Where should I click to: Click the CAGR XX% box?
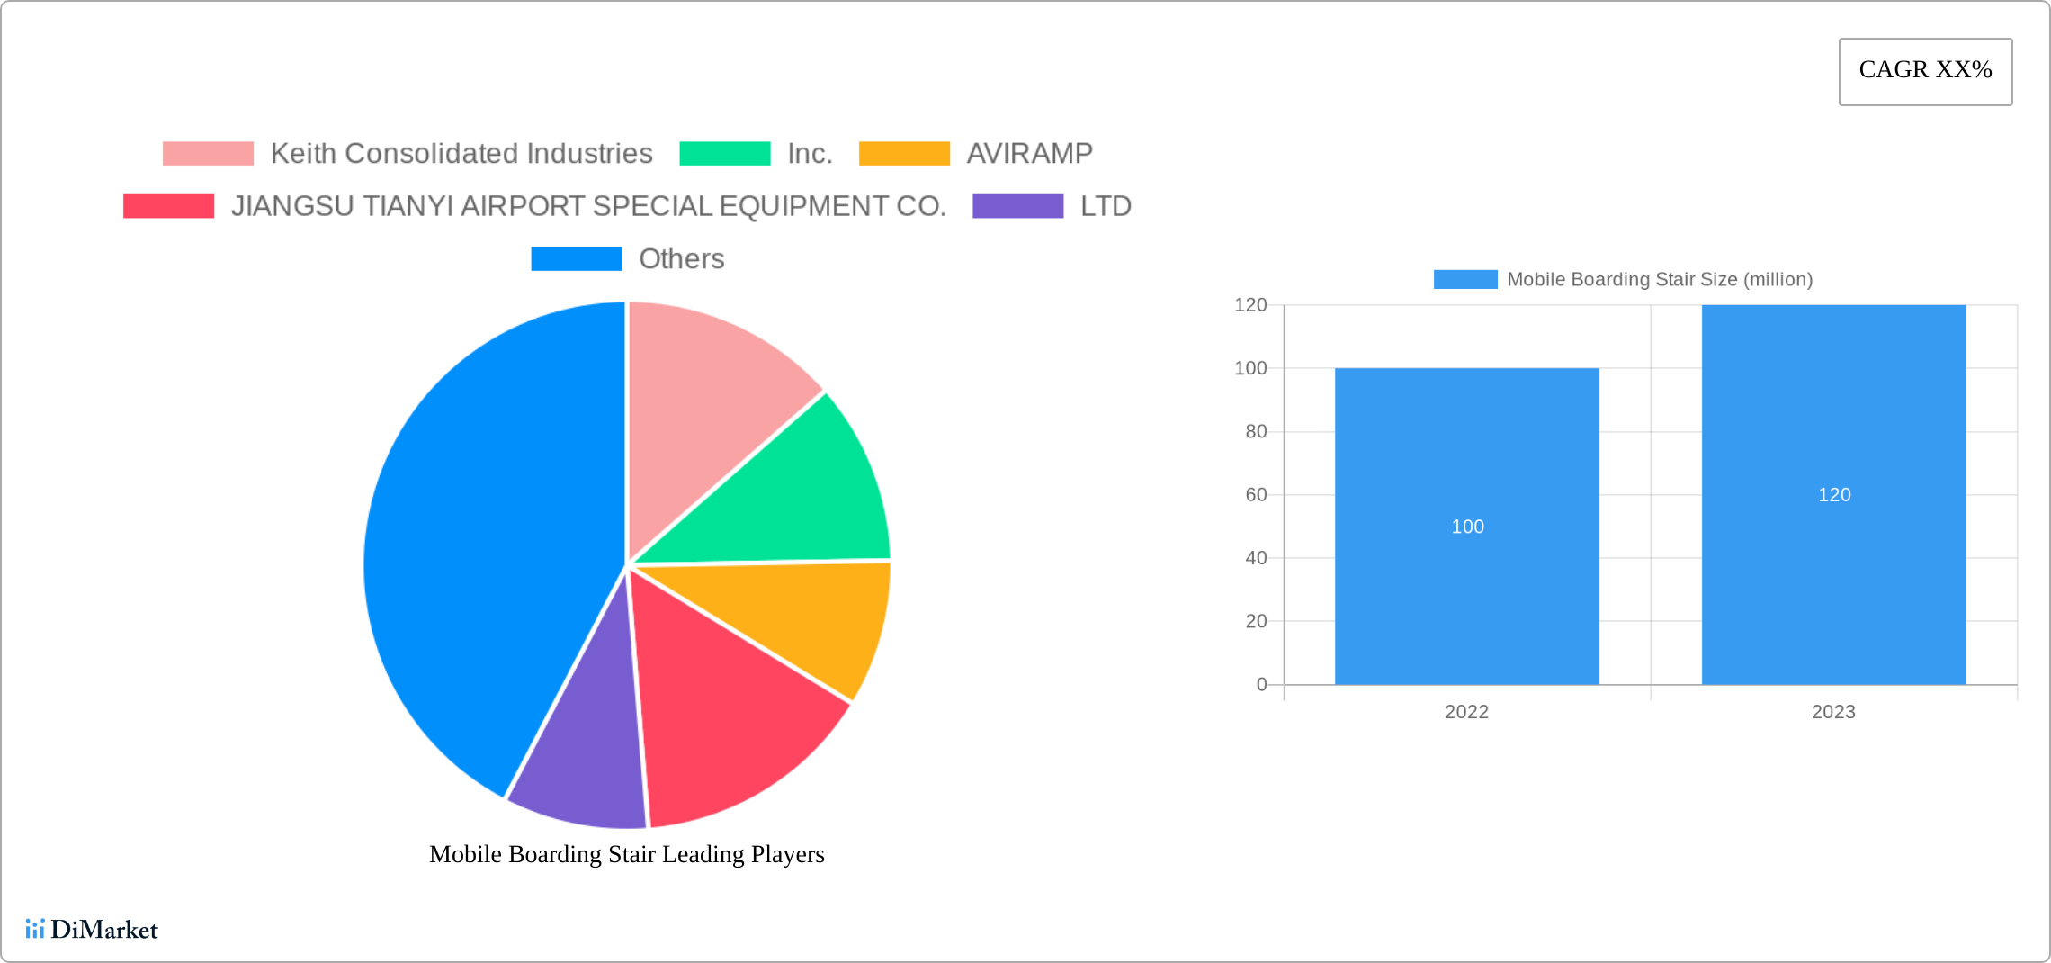(1925, 71)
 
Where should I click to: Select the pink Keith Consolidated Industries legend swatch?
(208, 154)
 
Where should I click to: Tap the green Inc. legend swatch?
(724, 154)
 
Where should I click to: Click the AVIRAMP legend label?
(1029, 154)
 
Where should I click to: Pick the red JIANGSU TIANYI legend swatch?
(168, 206)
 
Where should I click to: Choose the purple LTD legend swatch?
(1017, 206)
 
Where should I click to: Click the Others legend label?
(681, 259)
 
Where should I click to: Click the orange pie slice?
(810, 621)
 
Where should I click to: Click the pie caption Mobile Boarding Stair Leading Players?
(626, 854)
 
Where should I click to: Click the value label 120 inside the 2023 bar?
(1833, 495)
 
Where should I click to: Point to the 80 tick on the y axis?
(1256, 432)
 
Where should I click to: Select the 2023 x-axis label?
(1832, 712)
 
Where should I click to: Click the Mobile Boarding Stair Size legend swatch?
(1464, 280)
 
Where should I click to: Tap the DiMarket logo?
(92, 929)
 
